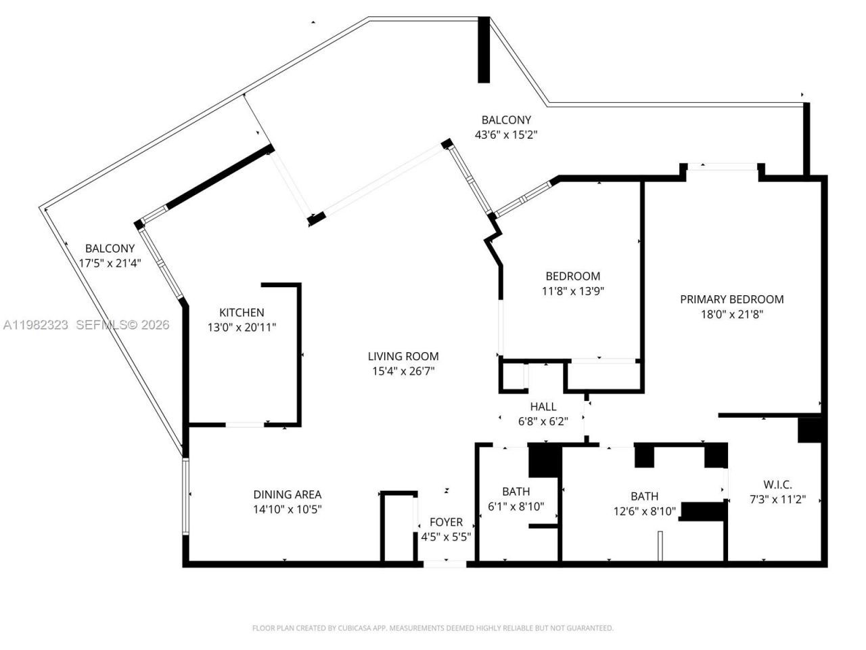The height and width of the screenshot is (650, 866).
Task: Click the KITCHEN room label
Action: click(242, 313)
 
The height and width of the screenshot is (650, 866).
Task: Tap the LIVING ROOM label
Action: click(403, 356)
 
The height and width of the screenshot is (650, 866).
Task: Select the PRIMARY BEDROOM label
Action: click(731, 299)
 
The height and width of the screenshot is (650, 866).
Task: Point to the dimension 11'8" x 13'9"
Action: click(572, 291)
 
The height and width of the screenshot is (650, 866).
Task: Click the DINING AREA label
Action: click(288, 495)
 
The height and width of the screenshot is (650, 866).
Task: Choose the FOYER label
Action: click(447, 522)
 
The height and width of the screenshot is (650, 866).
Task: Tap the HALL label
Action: click(543, 406)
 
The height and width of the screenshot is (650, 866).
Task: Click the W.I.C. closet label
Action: click(777, 485)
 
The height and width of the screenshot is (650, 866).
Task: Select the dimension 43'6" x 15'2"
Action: click(506, 135)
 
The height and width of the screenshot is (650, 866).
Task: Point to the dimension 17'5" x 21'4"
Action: click(110, 263)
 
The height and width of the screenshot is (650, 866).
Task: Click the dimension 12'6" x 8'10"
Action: click(644, 511)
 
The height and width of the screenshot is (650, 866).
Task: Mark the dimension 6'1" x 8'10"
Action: click(516, 506)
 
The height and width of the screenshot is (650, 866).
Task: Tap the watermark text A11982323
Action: click(35, 325)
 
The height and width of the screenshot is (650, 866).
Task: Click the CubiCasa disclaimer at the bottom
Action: click(433, 628)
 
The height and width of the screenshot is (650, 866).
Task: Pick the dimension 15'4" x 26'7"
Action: click(403, 371)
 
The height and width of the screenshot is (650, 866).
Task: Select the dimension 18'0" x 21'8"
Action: click(731, 314)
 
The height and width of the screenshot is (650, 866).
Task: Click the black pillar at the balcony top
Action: click(484, 49)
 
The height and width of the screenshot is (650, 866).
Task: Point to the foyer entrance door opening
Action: click(445, 563)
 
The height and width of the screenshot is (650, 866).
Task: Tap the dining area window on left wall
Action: click(185, 497)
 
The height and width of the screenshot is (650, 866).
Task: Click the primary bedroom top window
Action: click(723, 165)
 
